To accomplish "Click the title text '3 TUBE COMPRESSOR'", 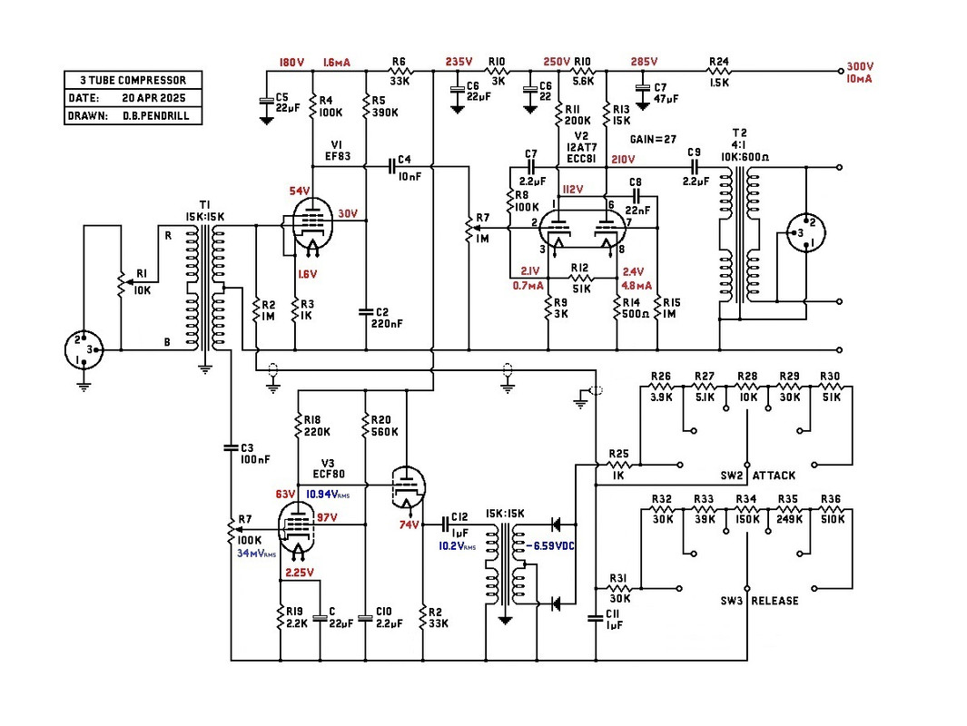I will click(133, 80).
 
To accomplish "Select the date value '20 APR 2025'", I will click(152, 98).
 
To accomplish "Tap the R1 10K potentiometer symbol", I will click(123, 281).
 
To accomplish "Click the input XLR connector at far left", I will click(84, 349).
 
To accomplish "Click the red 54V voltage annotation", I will click(297, 190).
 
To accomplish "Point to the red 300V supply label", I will click(859, 67).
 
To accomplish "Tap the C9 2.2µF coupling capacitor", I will click(696, 168).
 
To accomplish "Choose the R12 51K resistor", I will click(582, 277).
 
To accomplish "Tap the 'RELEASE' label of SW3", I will click(775, 601).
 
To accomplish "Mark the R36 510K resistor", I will click(832, 512).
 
